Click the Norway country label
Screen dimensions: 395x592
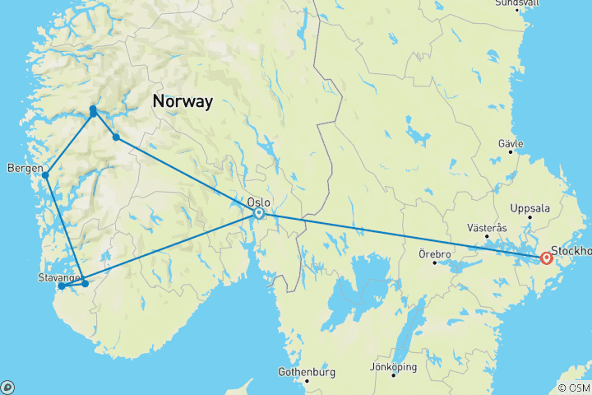pos(182,102)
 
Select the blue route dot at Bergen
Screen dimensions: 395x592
pos(46,175)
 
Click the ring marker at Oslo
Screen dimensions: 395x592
pos(259,213)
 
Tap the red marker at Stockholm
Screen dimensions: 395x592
pos(547,258)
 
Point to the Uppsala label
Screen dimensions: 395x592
pos(530,208)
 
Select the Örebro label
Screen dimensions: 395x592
pos(434,254)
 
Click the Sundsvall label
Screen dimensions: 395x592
pos(517,3)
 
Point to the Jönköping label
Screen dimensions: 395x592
pos(394,367)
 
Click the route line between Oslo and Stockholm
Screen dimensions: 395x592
pos(403,235)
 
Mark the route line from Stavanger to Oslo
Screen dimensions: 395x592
pos(173,247)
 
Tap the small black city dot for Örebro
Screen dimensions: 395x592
pos(435,263)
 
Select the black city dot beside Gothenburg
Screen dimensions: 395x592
pos(307,380)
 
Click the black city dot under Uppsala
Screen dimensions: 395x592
pos(530,217)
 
